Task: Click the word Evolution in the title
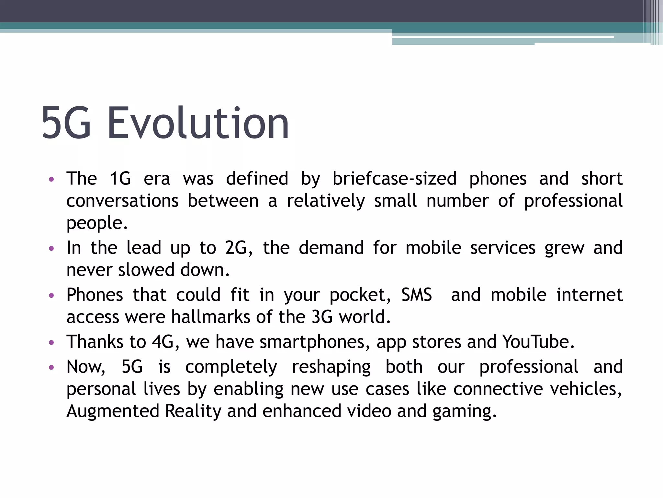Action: click(198, 123)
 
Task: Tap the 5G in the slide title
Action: click(66, 123)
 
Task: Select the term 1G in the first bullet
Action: click(120, 179)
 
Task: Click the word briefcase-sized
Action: click(394, 179)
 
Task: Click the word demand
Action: click(331, 248)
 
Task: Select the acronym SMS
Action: click(417, 295)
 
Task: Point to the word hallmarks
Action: click(211, 317)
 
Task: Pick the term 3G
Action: click(322, 317)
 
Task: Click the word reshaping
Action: click(331, 367)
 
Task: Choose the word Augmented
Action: click(113, 411)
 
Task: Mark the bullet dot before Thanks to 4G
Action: click(51, 342)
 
